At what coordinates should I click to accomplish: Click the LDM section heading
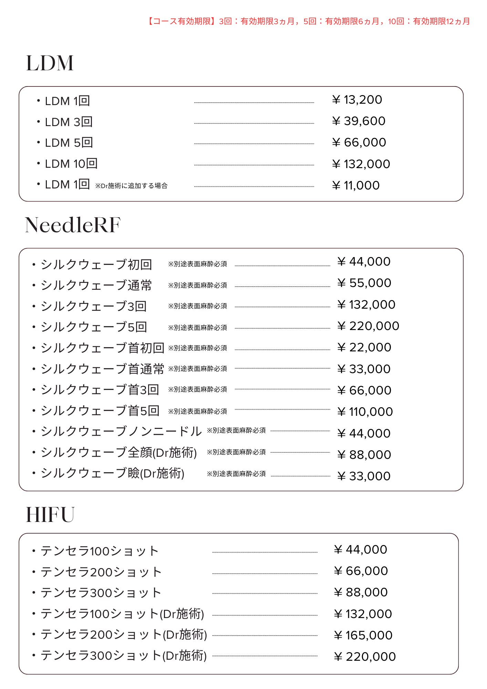[x=50, y=63]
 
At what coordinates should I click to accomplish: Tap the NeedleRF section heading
[x=73, y=225]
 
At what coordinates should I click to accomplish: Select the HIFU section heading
[x=50, y=515]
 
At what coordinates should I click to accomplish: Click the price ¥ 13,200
[x=357, y=100]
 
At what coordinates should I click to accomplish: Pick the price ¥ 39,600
[x=359, y=121]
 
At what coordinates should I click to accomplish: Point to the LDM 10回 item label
[x=71, y=164]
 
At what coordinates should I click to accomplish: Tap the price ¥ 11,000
[x=356, y=186]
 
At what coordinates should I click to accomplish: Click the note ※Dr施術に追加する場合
[x=131, y=186]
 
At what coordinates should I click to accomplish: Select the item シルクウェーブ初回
[x=96, y=265]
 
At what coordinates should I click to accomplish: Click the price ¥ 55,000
[x=364, y=283]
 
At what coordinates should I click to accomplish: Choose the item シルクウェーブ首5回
[x=100, y=411]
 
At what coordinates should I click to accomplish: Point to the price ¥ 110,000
[x=365, y=412]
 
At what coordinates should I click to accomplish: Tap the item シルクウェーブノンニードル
[x=121, y=431]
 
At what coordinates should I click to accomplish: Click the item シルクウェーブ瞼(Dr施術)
[x=113, y=473]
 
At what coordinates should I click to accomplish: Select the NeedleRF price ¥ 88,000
[x=364, y=455]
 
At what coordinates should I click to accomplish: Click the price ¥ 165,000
[x=363, y=636]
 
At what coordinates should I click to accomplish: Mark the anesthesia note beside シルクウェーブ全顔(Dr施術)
[x=236, y=452]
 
